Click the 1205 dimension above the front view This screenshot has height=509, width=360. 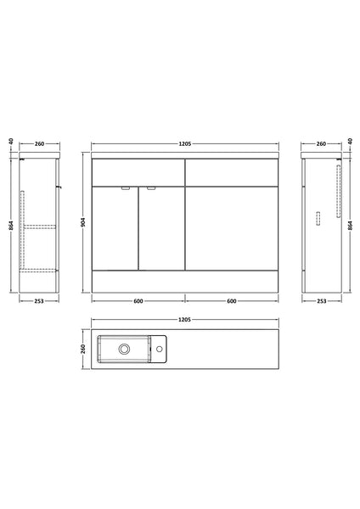pos(184,144)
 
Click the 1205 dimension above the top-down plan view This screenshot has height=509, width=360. pos(184,320)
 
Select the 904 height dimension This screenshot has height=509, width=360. pos(83,222)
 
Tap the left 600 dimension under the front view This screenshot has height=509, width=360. pos(138,301)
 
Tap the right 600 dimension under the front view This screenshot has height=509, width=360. pos(231,301)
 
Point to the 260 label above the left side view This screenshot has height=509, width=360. pos(39,144)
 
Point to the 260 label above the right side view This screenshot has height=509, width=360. pos(321,144)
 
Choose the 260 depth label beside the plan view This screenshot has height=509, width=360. pos(83,349)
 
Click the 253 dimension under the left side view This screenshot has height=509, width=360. pos(39,301)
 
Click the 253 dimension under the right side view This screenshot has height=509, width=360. pos(321,301)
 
